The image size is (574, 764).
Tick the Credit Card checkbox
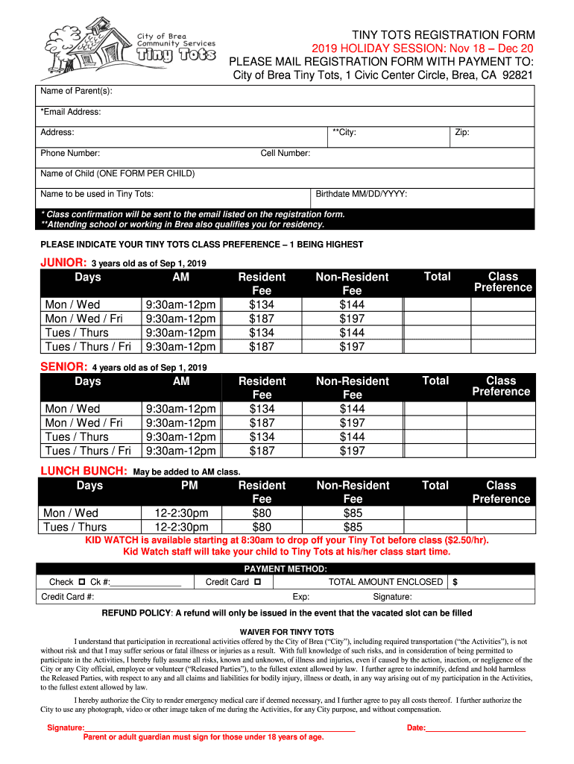point(257,582)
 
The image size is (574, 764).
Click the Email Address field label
point(71,113)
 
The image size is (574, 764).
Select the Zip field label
point(461,133)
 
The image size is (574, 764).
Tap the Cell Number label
point(285,154)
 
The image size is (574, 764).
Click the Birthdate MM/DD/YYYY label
point(361,194)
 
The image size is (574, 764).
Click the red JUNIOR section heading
point(63,263)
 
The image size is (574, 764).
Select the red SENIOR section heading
point(63,367)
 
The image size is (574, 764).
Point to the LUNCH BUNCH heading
point(83,472)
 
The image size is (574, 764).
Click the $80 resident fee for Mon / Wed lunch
point(262,513)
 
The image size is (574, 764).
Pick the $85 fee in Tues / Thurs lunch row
point(353,527)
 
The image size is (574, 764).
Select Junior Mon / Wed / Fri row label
point(83,319)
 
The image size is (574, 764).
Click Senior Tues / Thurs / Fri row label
point(88,451)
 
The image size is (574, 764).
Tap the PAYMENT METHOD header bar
point(286,569)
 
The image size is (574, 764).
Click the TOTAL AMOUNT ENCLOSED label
point(385,582)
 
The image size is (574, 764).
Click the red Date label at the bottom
point(416,727)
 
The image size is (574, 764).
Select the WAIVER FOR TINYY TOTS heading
point(286,631)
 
